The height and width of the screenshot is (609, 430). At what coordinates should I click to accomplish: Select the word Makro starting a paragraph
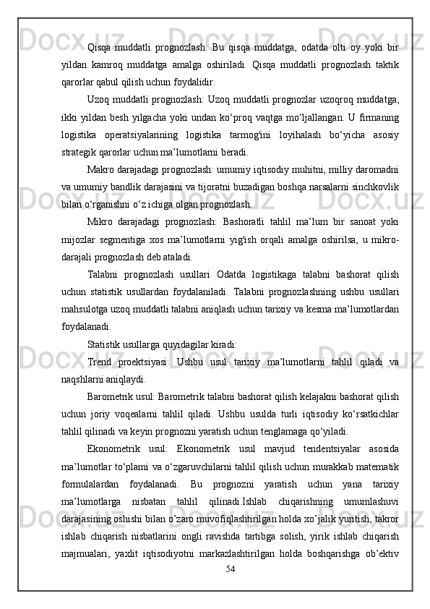point(100,169)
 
